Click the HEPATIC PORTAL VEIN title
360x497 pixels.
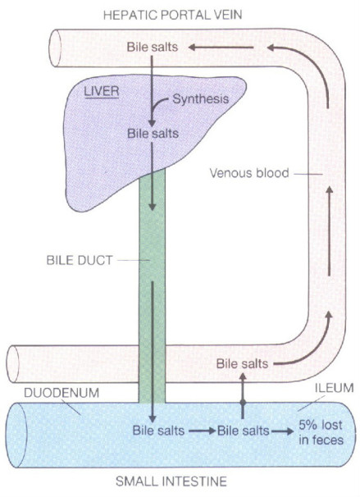[173, 15]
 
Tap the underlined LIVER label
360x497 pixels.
[102, 92]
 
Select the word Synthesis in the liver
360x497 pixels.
[200, 99]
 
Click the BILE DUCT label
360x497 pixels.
[80, 260]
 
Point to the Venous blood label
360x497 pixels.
[249, 173]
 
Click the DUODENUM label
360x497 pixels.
[62, 393]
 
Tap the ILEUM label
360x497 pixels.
[334, 388]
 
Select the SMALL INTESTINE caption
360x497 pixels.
[171, 481]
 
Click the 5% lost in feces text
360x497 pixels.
[321, 432]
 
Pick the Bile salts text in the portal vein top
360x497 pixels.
[153, 48]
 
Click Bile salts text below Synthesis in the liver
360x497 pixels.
[153, 134]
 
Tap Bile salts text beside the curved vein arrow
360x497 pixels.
[242, 363]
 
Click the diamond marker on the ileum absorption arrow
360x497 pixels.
[243, 403]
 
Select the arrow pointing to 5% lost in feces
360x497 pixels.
[282, 431]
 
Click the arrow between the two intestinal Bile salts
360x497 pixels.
[203, 431]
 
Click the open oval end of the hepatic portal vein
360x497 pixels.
[55, 48]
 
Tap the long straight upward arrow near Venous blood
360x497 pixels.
[330, 230]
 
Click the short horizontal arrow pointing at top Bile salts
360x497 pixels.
[221, 48]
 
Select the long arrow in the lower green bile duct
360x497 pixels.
[153, 352]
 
